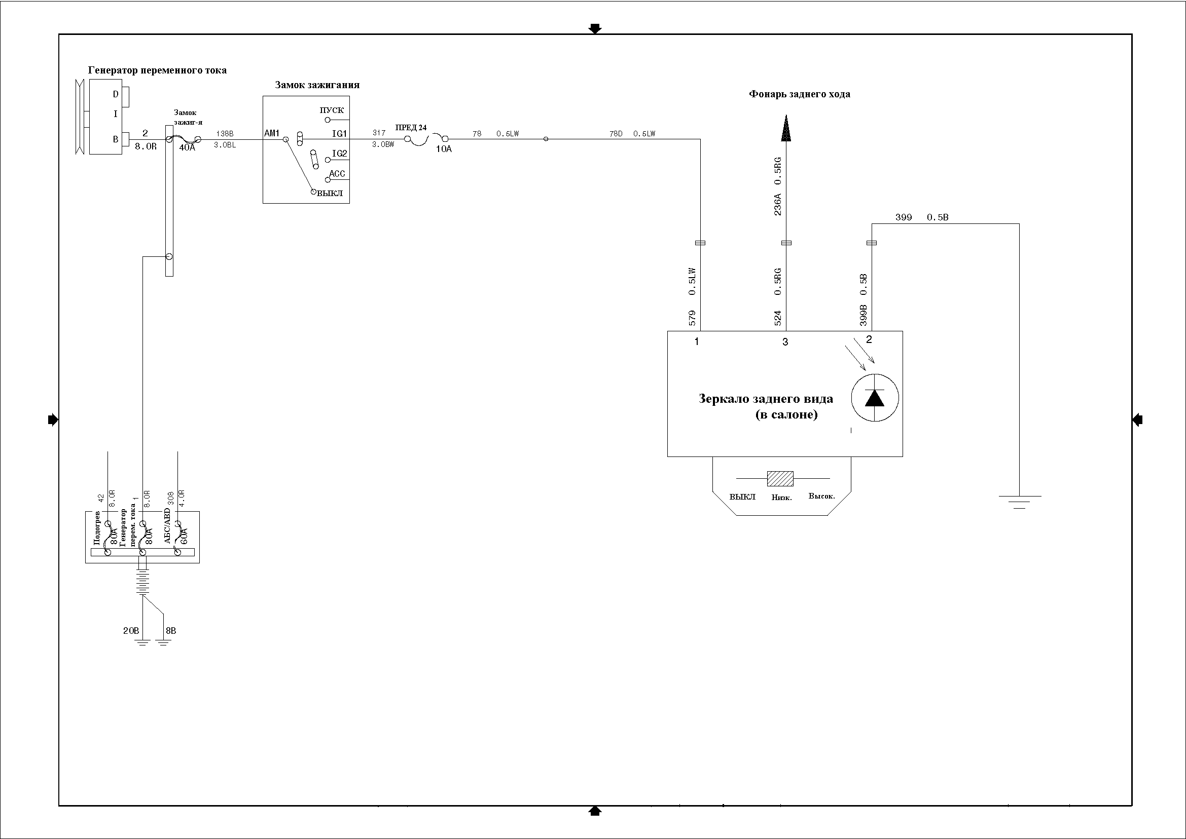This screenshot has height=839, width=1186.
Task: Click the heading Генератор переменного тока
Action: coord(157,70)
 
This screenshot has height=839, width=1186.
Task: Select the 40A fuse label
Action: coord(187,148)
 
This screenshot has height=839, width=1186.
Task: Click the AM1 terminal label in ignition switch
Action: coord(271,133)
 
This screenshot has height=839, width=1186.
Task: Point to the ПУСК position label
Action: coord(332,110)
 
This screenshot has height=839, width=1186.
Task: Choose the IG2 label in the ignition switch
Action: coord(339,154)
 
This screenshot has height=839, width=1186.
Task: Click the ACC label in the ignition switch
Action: coord(337,174)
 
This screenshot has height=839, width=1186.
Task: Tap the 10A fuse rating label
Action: coord(444,149)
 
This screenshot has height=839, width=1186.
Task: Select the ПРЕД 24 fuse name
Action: coord(411,128)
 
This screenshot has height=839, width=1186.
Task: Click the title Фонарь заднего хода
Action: coord(799,94)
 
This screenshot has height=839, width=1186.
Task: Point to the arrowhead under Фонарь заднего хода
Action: coord(785,129)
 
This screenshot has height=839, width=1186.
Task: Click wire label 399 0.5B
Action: coord(922,217)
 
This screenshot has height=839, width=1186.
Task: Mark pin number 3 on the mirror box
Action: coord(785,342)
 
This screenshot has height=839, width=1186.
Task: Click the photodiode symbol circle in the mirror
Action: coord(875,398)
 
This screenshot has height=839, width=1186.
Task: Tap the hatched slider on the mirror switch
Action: coord(780,478)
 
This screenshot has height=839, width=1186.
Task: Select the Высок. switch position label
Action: coord(821,496)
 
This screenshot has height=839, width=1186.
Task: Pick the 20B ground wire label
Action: coord(131,631)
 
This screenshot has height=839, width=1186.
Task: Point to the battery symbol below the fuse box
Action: coord(142,582)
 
